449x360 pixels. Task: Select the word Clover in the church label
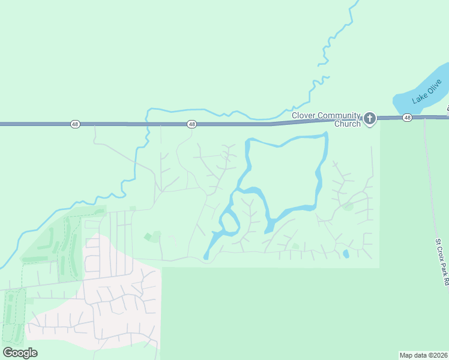tap(304, 116)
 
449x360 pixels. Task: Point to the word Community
tap(339, 116)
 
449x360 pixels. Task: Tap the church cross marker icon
tap(369, 119)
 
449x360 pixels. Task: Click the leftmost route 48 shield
tap(74, 124)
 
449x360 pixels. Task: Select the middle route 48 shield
tap(191, 124)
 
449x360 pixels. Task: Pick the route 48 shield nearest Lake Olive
tap(407, 118)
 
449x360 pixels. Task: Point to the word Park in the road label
tap(442, 274)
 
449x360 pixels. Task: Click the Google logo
tap(20, 353)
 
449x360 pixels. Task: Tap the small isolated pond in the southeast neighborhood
tap(346, 254)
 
